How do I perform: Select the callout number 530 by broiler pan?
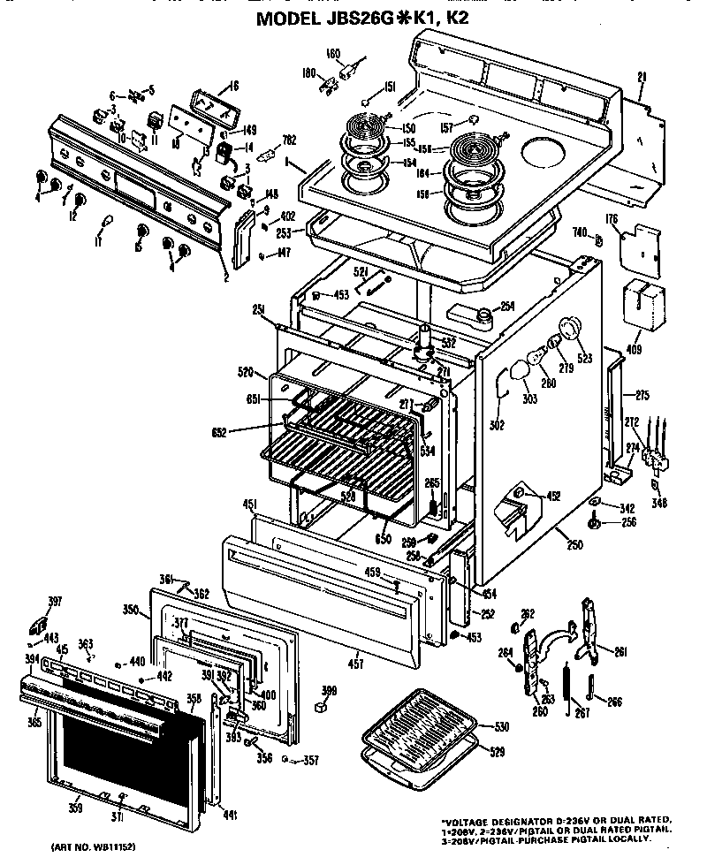tap(501, 726)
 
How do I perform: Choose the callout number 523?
tap(585, 358)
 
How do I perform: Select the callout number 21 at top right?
tap(642, 75)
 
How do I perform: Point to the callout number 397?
tap(55, 602)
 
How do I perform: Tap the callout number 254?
tap(506, 307)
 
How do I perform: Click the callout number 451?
tap(249, 504)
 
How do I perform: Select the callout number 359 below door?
tap(78, 808)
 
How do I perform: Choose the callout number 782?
tap(288, 138)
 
